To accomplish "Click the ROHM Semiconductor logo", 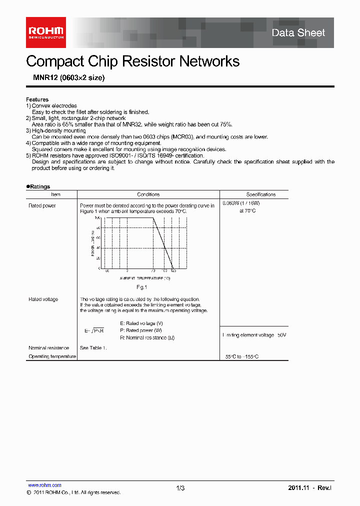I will tap(45, 32).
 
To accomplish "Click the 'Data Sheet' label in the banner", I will tap(298, 33).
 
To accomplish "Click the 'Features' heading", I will tap(37, 99).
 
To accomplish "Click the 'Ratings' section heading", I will tap(39, 186).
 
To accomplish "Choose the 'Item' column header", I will tap(55, 194).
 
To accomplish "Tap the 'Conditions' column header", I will tap(148, 194).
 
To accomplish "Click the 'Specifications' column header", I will tap(260, 194).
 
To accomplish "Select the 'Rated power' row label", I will tap(42, 205).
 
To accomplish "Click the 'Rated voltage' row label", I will tap(43, 299).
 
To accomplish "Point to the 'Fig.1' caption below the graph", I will tap(141, 287).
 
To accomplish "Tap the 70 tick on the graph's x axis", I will tap(152, 270).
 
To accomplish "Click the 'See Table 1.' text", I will tap(93, 347).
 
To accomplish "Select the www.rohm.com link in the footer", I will tap(44, 485).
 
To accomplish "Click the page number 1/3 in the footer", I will tap(180, 488).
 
